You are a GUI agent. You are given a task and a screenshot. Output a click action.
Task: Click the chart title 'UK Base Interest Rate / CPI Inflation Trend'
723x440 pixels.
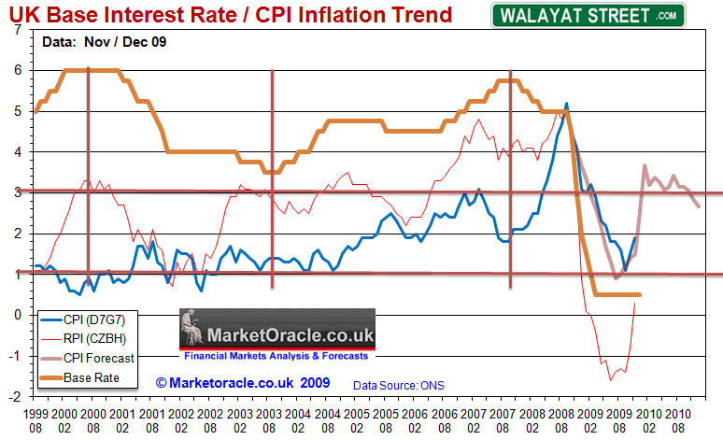(x=230, y=14)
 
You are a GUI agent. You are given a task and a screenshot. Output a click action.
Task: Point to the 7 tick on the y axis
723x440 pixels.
(x=18, y=29)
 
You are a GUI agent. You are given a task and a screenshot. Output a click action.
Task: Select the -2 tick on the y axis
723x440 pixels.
(x=16, y=397)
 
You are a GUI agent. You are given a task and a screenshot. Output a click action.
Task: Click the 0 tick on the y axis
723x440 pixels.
(x=18, y=315)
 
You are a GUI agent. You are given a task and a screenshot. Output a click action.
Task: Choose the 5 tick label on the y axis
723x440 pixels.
(x=18, y=111)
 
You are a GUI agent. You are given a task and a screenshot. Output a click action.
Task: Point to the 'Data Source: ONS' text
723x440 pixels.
(x=394, y=384)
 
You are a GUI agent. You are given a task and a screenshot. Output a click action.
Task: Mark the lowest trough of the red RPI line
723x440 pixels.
(x=611, y=380)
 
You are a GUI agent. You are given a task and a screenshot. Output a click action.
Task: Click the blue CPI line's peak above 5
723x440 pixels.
(x=567, y=104)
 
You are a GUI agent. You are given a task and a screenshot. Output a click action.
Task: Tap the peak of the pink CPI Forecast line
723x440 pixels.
(x=645, y=165)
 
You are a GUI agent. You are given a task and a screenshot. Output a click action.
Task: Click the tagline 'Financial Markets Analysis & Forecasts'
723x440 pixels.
(x=276, y=356)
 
